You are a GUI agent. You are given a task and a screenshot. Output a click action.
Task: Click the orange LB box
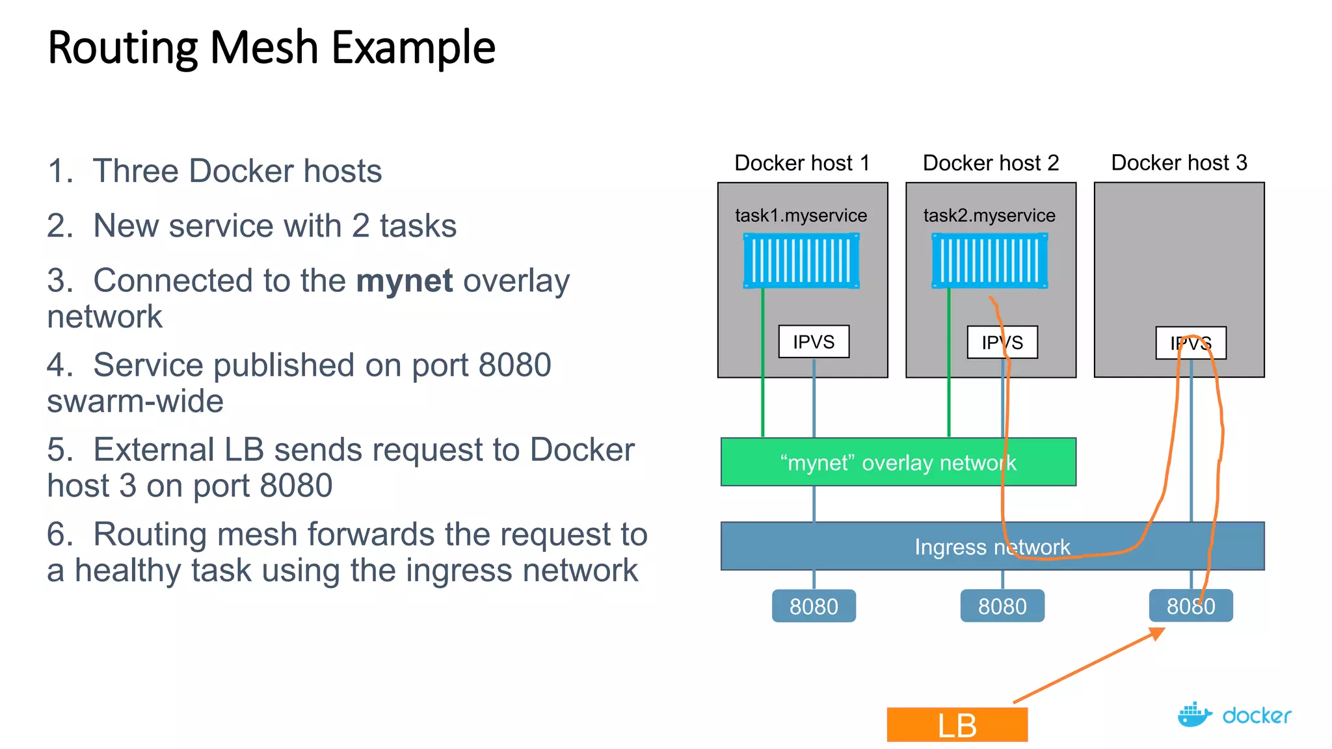pos(957,724)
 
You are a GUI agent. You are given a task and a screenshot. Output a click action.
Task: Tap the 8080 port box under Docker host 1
pos(814,606)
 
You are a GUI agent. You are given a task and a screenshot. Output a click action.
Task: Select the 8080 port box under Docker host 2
pos(1002,606)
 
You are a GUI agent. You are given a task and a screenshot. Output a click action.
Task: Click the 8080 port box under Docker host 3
pos(1190,606)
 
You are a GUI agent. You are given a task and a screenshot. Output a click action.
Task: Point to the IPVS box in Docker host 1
pos(814,341)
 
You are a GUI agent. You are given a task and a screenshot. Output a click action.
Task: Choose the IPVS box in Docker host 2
pos(1002,342)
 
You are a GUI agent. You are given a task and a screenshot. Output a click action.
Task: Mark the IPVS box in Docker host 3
pos(1190,343)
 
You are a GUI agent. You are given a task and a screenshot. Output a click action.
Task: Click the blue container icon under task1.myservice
pos(801,261)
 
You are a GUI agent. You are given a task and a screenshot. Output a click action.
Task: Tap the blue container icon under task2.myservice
pos(989,261)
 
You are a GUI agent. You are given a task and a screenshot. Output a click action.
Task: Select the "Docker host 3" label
pos(1179,163)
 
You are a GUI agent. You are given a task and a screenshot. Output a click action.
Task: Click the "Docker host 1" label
pos(802,163)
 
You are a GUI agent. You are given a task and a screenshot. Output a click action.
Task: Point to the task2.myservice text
pos(989,215)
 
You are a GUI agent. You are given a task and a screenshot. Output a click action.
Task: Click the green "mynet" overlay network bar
pos(898,462)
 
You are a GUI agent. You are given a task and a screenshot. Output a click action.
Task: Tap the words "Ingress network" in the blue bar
pos(992,547)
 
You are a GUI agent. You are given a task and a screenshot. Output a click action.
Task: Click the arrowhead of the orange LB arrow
pos(1157,632)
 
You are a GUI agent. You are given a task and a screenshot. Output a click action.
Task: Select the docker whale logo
pos(1194,715)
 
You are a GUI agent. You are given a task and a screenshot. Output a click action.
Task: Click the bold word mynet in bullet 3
pos(404,281)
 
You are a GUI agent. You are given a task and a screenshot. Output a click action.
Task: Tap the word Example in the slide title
pos(414,47)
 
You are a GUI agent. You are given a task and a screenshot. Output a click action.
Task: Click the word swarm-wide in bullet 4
pos(135,401)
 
